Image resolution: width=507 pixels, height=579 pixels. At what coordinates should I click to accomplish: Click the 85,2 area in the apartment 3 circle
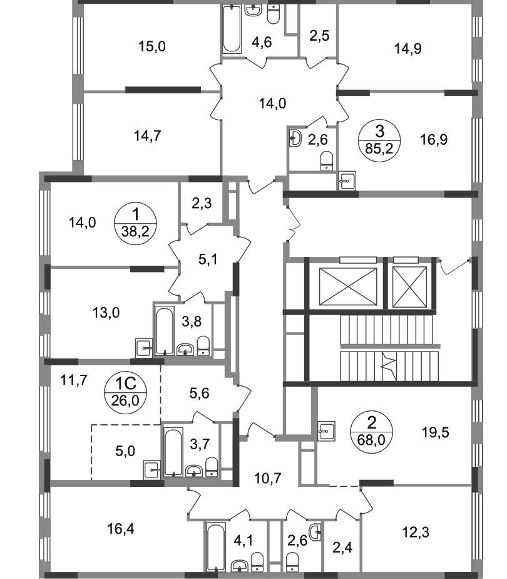pos(379,149)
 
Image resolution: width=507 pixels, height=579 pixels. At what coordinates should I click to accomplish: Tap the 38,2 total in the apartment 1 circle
pos(135,231)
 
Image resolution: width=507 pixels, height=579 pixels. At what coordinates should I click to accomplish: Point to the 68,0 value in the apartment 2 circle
pos(371,439)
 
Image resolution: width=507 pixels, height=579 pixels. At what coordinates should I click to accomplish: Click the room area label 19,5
pos(436,432)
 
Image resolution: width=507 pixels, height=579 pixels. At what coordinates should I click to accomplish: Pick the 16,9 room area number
pos(434,140)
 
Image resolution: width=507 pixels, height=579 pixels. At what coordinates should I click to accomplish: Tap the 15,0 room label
pos(152,46)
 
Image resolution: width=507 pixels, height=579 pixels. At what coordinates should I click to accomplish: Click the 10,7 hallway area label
pos(268,479)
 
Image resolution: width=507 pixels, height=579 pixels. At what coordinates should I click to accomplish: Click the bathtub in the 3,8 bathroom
pos(164,330)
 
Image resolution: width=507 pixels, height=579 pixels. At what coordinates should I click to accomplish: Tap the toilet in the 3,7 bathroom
pos(212,467)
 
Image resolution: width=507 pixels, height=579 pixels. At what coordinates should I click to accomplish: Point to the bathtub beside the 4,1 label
pos(216,547)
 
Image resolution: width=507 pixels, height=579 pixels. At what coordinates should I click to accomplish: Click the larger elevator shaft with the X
pos(348,286)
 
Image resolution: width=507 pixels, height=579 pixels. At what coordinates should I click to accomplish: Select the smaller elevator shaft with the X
pos(409,287)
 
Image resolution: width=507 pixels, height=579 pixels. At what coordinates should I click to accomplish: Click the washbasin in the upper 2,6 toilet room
pos(295,138)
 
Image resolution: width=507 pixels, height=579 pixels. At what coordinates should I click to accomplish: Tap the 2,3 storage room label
pos(202,203)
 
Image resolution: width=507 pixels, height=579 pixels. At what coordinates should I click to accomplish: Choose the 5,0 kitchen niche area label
pos(125,451)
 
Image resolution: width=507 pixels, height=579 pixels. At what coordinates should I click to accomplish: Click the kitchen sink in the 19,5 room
pos(326,430)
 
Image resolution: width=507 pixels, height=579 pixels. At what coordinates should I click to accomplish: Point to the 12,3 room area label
pos(416,533)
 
